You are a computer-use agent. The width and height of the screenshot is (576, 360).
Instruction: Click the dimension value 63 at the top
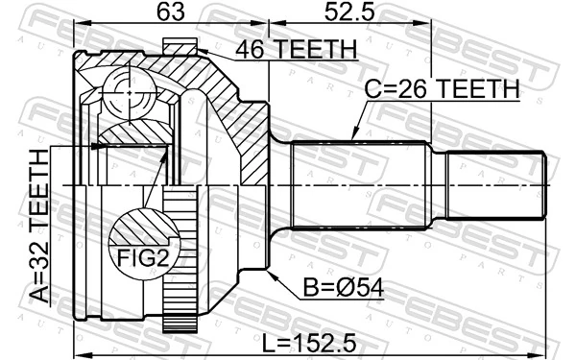(x=170, y=14)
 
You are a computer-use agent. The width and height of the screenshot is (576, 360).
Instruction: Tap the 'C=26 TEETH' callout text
(x=440, y=89)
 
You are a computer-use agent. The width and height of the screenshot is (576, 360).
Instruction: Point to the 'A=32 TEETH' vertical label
(x=38, y=227)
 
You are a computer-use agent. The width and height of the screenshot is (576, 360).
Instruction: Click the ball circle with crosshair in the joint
(x=127, y=89)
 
